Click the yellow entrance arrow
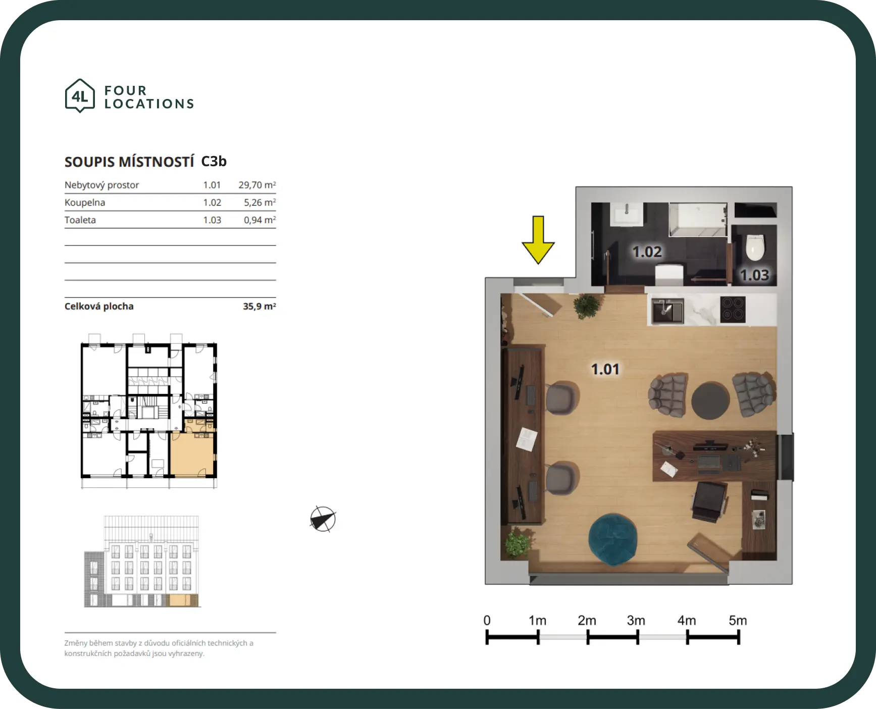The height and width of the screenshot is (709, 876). tap(538, 240)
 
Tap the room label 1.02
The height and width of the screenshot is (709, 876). tap(647, 251)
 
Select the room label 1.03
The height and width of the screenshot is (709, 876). tap(754, 275)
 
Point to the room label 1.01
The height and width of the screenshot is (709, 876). tap(605, 369)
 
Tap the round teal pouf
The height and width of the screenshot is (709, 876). tap(612, 539)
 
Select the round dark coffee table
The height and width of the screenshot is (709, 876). tap(710, 400)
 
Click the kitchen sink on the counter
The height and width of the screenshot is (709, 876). tap(667, 311)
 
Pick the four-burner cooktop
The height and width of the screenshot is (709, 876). tap(733, 309)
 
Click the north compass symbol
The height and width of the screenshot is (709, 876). tap(323, 519)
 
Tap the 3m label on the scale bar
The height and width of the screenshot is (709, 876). tap(636, 620)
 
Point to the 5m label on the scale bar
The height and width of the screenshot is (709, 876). tap(738, 620)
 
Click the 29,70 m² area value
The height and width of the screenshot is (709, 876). tap(257, 185)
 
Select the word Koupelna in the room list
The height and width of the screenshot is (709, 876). tap(85, 202)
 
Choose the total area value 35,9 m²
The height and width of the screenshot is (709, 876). tap(259, 306)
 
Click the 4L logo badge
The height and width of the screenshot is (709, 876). tap(80, 95)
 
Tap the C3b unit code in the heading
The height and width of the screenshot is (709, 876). tap(214, 161)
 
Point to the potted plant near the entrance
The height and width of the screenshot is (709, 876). tap(586, 306)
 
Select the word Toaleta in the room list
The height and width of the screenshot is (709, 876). tap(80, 220)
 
